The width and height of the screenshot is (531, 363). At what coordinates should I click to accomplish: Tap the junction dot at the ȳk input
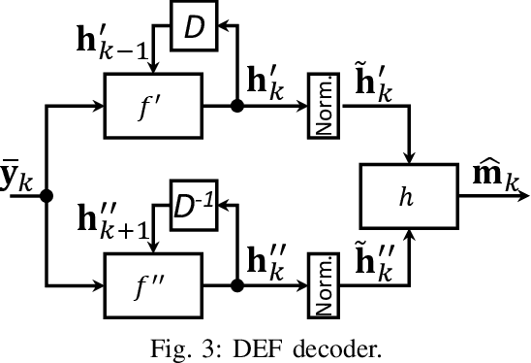pyautogui.click(x=47, y=196)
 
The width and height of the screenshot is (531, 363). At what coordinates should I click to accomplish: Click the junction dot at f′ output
pyautogui.click(x=235, y=109)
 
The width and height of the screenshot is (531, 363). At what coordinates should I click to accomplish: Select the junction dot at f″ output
pyautogui.click(x=235, y=284)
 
